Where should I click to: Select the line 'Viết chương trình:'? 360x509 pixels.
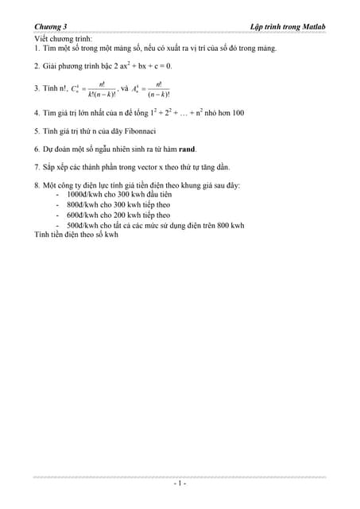(64, 38)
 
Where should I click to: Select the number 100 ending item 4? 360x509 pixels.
(237, 113)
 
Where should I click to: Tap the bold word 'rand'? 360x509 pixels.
(187, 149)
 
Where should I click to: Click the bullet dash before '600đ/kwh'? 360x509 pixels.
(59, 215)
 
